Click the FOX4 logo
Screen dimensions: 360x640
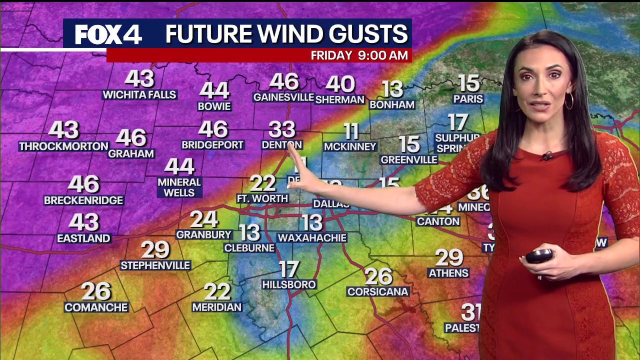pyautogui.click(x=108, y=34)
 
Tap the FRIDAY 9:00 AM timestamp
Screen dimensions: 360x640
pyautogui.click(x=359, y=55)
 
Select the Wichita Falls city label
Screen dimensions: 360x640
pyautogui.click(x=139, y=94)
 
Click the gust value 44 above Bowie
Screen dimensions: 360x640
pyautogui.click(x=214, y=90)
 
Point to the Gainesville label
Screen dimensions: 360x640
pyautogui.click(x=283, y=97)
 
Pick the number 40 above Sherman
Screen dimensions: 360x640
pyautogui.click(x=340, y=84)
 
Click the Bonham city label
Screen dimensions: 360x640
pyautogui.click(x=392, y=104)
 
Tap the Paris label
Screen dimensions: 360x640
pyautogui.click(x=468, y=99)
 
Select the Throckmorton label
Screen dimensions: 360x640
pyautogui.click(x=63, y=146)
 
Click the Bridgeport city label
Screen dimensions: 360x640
pyautogui.click(x=212, y=145)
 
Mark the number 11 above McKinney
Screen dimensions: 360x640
pyautogui.click(x=351, y=131)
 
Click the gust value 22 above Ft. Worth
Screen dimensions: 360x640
pyautogui.click(x=262, y=183)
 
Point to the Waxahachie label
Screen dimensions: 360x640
pyautogui.click(x=312, y=238)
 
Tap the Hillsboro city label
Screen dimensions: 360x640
pyautogui.click(x=289, y=284)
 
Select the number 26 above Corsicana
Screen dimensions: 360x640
pyautogui.click(x=378, y=275)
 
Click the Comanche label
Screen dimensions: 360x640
pyautogui.click(x=96, y=307)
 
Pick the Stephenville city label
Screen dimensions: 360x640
pyautogui.click(x=155, y=265)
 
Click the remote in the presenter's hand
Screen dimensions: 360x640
pyautogui.click(x=539, y=256)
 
